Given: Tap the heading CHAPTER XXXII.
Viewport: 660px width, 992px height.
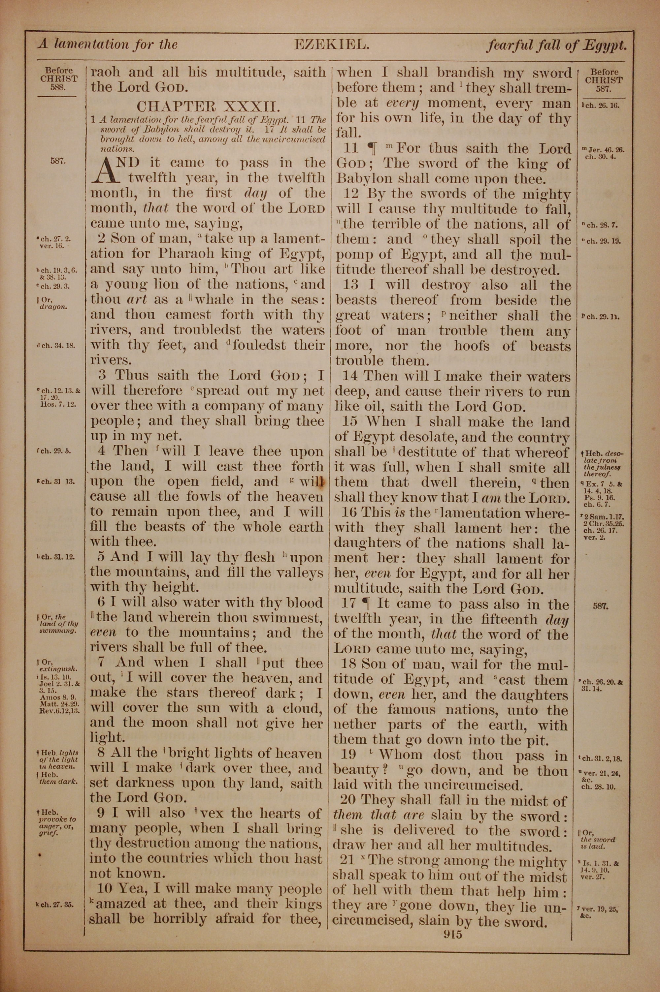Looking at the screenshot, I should [208, 105].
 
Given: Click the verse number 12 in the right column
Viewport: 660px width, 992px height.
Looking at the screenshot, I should [350, 194].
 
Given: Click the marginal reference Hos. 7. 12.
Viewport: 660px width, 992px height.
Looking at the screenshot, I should [58, 405].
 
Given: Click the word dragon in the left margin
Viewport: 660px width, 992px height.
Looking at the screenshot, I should [53, 307].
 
